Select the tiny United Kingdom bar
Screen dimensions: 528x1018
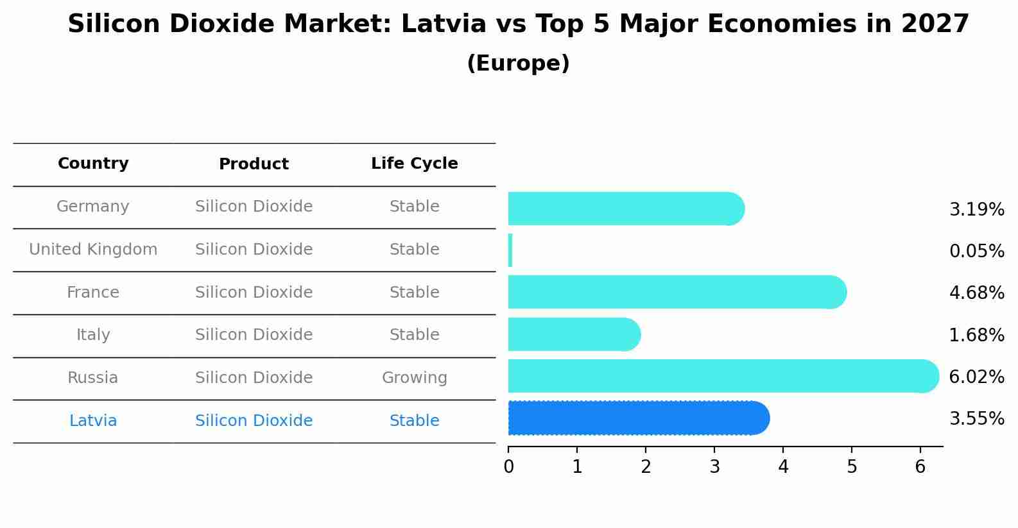510,250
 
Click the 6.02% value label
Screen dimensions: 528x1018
976,377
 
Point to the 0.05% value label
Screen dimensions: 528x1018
976,251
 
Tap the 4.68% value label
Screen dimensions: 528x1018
976,293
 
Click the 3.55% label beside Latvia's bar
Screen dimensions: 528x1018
976,418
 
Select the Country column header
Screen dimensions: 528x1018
93,164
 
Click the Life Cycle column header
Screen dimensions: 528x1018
414,164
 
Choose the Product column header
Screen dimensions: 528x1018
254,164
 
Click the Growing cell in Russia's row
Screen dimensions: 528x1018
414,378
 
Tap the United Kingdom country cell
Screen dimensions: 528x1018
93,250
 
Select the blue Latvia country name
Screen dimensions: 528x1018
93,421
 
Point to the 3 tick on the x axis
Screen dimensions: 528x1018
714,466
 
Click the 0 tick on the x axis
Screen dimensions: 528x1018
508,466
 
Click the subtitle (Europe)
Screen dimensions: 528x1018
518,64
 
